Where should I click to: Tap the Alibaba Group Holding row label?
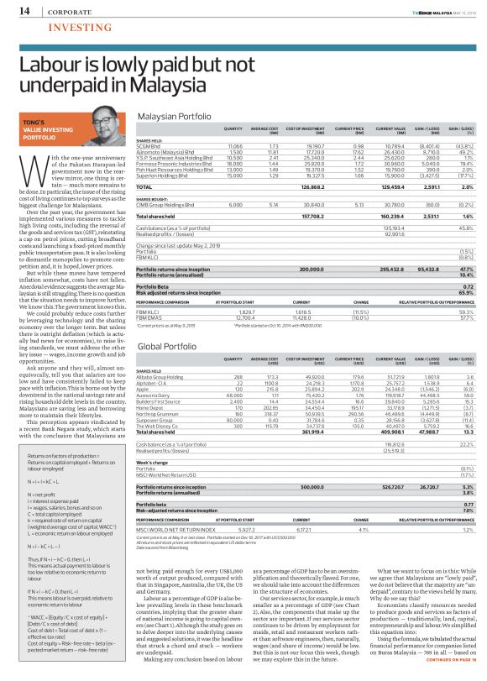pos(168,377)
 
